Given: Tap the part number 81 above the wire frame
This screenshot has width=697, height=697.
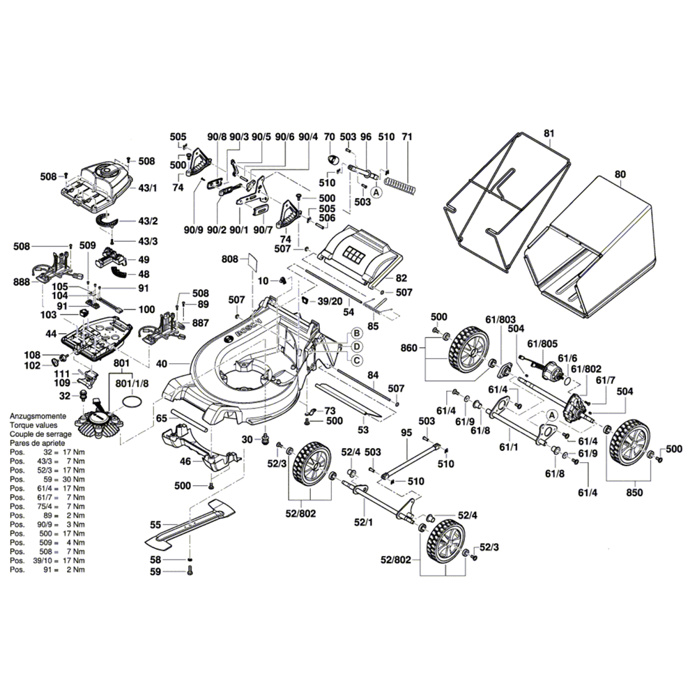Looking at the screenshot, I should tap(548, 133).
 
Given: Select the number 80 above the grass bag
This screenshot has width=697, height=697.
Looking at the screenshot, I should tap(620, 174).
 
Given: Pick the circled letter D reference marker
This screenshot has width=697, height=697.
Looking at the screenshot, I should tap(355, 346).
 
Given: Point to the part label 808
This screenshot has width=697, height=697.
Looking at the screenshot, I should tap(230, 259).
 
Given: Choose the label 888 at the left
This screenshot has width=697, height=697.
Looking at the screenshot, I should tap(23, 281).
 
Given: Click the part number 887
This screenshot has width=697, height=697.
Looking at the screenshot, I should tap(200, 323).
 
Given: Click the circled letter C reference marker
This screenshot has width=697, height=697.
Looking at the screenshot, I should tap(355, 360).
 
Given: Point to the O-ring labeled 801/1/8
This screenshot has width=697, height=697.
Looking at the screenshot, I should tap(132, 402).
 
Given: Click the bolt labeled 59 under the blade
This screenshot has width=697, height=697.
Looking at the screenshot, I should tap(189, 572).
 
